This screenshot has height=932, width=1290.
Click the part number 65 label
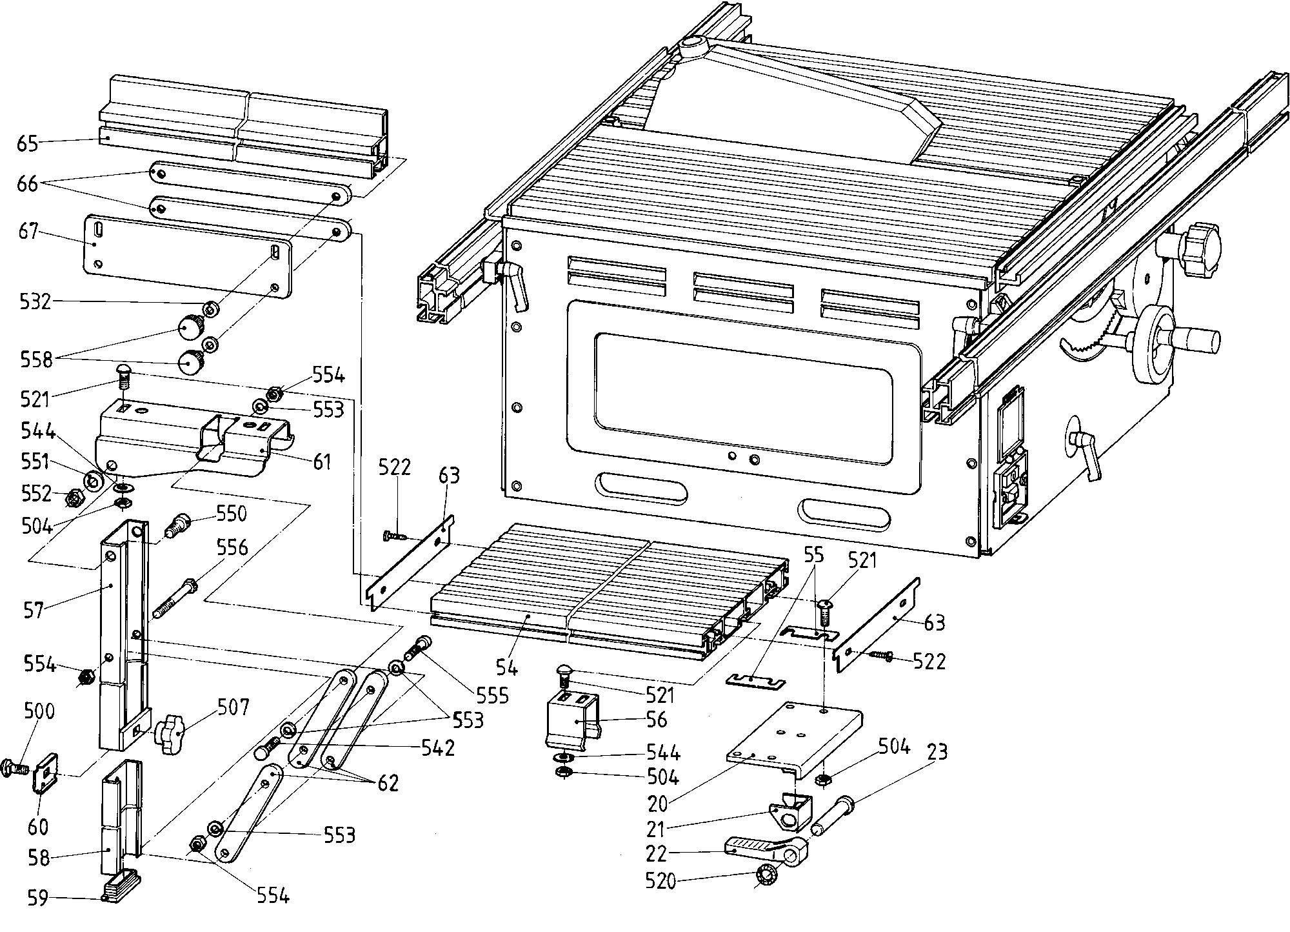28,143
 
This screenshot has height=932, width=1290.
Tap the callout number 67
29,231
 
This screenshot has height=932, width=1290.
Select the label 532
34,301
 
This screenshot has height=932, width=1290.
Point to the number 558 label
35,359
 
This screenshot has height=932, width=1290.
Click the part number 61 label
321,461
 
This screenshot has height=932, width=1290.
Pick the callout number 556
232,547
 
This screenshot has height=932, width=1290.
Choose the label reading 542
438,747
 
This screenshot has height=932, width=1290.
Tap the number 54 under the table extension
506,667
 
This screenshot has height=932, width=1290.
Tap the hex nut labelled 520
766,876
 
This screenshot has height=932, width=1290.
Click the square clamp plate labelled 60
45,773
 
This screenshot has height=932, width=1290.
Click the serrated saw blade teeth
1090,336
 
